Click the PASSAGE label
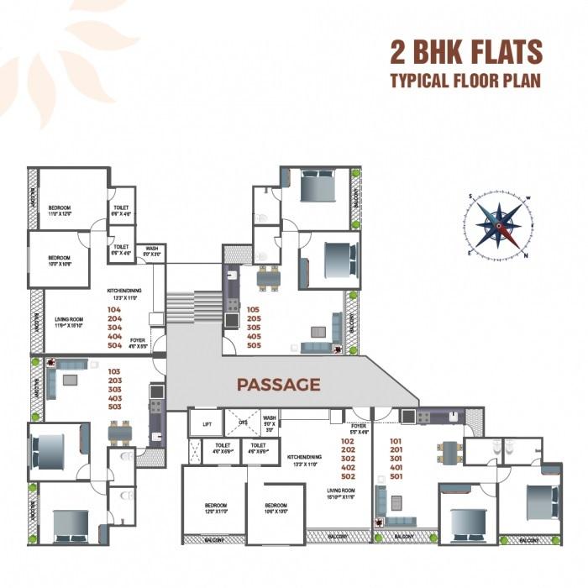point(279,385)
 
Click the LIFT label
point(207,424)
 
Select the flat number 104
point(114,309)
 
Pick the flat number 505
point(254,345)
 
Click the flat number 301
point(396,459)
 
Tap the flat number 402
point(347,468)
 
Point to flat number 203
point(114,379)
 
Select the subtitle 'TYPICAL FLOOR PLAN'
point(465,81)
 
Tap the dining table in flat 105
point(269,277)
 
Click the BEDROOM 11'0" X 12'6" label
point(59,210)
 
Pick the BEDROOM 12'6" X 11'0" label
point(218,508)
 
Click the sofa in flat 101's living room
point(383,500)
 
